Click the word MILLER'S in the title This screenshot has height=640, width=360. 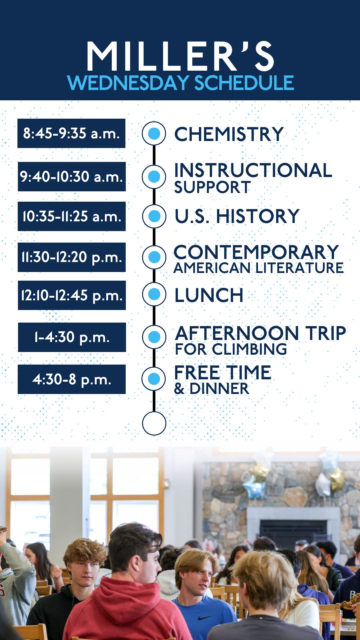coord(180,56)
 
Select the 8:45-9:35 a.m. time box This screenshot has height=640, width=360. coord(71,133)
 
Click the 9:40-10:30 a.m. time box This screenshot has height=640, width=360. coord(72,177)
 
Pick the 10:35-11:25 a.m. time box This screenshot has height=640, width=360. coord(72,216)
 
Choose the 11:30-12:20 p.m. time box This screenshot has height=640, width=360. coord(72,257)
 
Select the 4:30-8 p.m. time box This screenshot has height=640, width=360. coord(72,379)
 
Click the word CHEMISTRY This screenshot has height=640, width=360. coord(229,134)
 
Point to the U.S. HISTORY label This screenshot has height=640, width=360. coord(237,216)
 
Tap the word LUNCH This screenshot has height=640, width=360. coord(209,295)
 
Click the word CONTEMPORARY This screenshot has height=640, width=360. coord(256,252)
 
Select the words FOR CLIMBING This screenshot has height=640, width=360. coord(231,349)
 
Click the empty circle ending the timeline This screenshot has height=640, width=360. coord(154,423)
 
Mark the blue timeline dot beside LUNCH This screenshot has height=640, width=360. coord(154,294)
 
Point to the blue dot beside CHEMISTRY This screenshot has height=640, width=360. coord(154,133)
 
